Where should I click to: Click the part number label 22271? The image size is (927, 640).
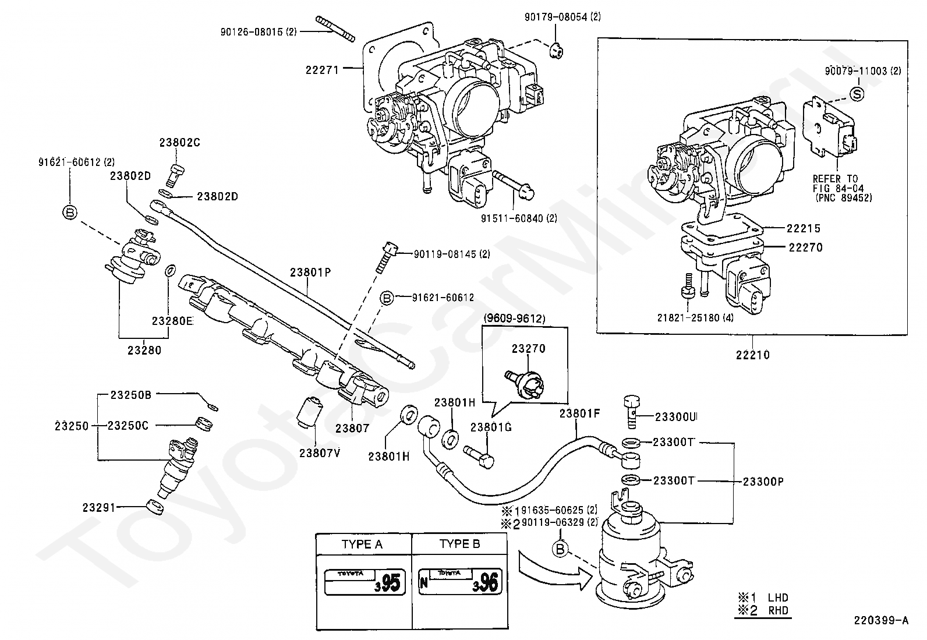(x=322, y=70)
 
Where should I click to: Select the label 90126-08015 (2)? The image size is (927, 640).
(x=259, y=32)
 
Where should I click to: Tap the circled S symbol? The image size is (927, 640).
(x=857, y=94)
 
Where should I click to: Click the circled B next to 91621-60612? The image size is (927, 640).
(x=387, y=298)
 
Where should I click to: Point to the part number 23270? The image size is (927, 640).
(x=529, y=349)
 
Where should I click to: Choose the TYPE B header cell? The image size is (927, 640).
(x=460, y=544)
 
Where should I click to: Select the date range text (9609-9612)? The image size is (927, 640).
(x=514, y=319)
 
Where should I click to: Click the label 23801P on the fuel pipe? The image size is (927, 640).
(x=310, y=272)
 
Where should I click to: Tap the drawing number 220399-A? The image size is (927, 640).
(x=881, y=620)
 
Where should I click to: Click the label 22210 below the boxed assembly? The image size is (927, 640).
(x=753, y=355)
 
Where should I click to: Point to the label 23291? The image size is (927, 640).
(x=99, y=508)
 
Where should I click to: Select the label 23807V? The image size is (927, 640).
(x=320, y=453)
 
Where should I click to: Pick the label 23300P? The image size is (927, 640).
(x=763, y=482)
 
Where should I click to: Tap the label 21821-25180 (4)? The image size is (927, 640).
(x=695, y=318)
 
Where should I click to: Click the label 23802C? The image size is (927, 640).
(x=179, y=143)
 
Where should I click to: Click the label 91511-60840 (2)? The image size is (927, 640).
(x=519, y=218)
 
